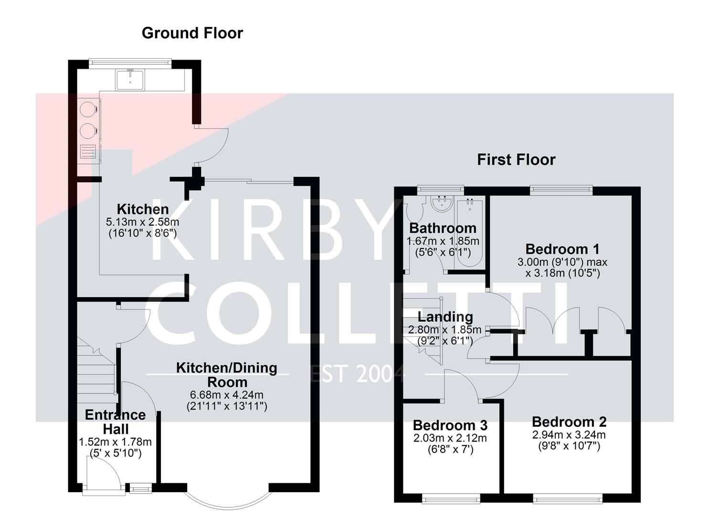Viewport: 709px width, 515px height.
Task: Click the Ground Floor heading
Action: point(192,33)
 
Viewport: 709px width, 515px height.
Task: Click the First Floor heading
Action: point(516,159)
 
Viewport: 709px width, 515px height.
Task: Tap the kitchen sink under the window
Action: point(130,79)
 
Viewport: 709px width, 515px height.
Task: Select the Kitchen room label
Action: point(143,209)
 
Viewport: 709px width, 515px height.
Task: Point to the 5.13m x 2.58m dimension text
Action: point(142,222)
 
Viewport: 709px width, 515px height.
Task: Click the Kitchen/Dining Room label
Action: point(227,375)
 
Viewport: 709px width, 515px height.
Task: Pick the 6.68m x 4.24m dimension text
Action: point(227,395)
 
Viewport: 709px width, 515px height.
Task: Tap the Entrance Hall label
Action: point(115,422)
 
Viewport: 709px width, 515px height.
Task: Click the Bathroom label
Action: point(443,228)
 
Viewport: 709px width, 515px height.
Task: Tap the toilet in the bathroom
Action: point(413,210)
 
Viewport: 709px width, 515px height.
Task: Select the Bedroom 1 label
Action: point(562,249)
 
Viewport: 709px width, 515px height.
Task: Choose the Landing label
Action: point(445,317)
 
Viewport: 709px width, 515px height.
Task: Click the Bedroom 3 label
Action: point(450,425)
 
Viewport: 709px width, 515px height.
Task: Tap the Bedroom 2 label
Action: point(569,422)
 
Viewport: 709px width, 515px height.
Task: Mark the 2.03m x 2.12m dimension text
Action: point(450,438)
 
